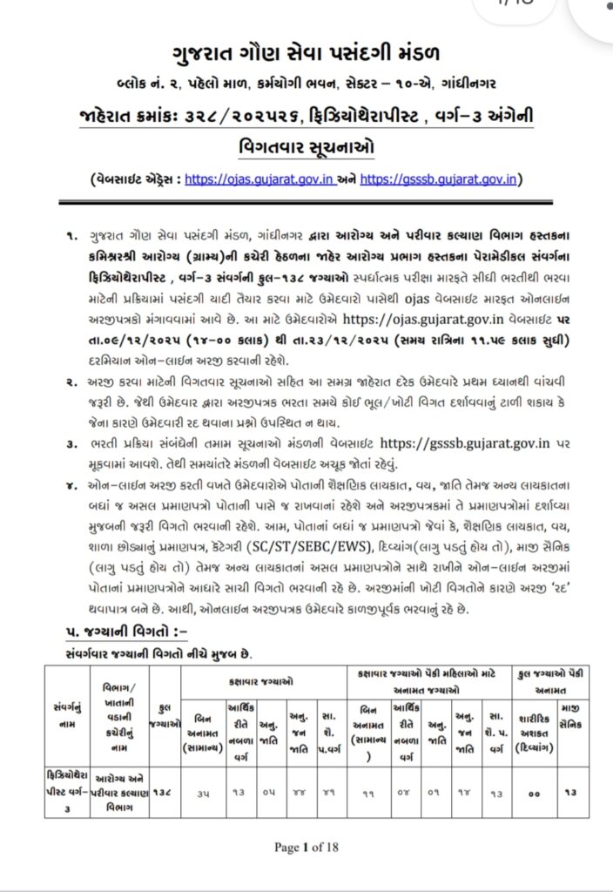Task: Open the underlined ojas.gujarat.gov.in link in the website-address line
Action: click(276, 180)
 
